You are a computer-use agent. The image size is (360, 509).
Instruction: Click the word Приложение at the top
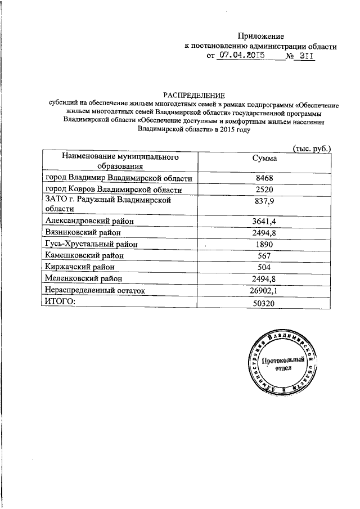coord(260,35)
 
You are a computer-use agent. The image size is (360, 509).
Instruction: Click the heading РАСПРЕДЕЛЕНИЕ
coord(193,95)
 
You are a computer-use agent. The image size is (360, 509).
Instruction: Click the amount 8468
coord(264,178)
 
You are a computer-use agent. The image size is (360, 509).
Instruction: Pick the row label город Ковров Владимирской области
coord(114,190)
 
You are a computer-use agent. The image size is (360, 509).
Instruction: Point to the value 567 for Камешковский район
coord(264,255)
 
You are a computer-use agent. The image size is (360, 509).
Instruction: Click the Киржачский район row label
coord(80,267)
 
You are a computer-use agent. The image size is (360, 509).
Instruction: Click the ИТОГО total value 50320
coord(264,303)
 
